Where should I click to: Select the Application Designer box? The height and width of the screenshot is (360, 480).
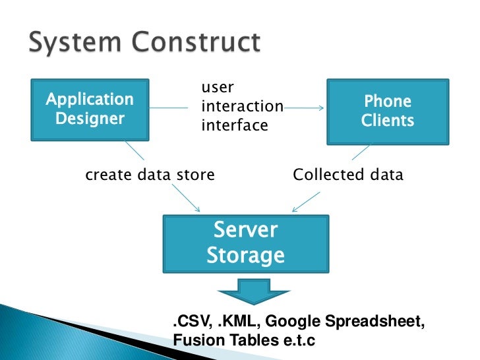[88, 109]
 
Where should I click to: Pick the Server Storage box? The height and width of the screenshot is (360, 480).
[245, 242]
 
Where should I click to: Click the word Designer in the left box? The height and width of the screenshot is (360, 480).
[89, 119]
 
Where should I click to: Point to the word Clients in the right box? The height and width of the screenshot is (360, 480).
[388, 121]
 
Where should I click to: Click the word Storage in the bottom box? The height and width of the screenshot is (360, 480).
[245, 255]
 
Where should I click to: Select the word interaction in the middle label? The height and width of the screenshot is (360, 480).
[241, 106]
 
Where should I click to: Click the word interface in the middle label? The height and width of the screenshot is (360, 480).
[234, 124]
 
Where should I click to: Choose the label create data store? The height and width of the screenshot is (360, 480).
[150, 175]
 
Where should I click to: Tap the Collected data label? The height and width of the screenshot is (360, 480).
[347, 175]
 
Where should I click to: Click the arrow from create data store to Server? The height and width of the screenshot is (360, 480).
[186, 198]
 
